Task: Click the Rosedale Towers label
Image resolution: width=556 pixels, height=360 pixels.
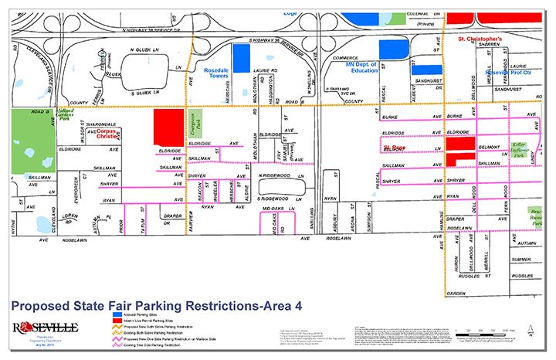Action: point(225,70)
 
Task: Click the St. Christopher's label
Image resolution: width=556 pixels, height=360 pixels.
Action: point(480,38)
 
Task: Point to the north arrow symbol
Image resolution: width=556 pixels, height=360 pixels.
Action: point(533,333)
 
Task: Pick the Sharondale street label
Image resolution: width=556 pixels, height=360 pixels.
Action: point(100,122)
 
